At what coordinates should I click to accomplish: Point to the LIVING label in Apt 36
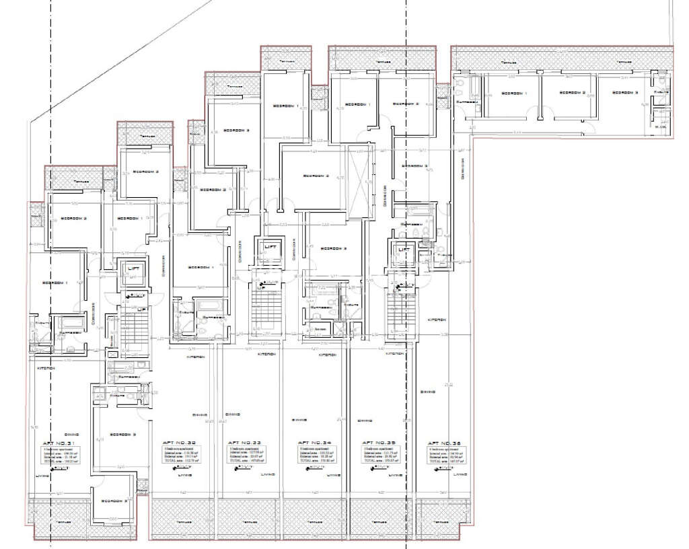click(x=460, y=475)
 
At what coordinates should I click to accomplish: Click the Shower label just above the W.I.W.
click(x=662, y=91)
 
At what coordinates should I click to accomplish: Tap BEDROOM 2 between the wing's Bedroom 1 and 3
click(x=575, y=94)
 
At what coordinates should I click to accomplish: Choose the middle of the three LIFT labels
click(x=270, y=247)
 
